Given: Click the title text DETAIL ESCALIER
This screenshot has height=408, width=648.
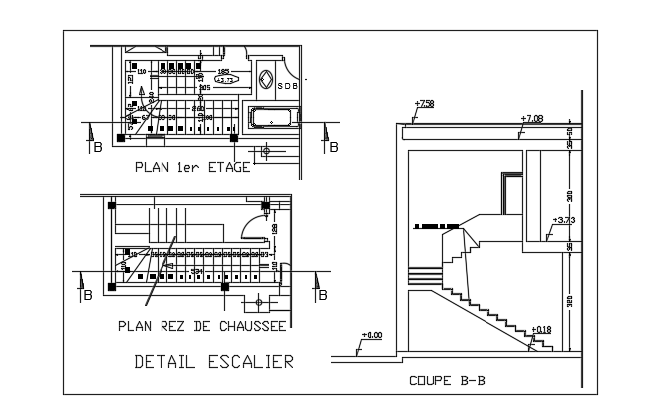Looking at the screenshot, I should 213,362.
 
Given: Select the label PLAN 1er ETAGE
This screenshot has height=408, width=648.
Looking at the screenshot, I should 191,168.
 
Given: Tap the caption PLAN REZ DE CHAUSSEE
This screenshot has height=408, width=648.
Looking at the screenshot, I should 202,326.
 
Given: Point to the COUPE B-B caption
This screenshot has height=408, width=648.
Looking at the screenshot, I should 447,380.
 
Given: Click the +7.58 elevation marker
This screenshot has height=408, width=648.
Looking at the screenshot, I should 424,104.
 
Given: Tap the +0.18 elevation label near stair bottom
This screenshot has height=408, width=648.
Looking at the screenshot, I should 541,329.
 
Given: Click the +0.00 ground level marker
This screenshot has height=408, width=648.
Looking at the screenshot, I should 372,335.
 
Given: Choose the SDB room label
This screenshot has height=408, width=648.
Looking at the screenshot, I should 287,86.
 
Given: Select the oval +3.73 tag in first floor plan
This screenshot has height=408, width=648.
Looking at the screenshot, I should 226,79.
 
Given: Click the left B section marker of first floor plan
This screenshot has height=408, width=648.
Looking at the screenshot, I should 97,148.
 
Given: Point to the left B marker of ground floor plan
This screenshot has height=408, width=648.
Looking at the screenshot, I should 87,295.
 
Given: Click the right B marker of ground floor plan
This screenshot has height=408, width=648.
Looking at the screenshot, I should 321,295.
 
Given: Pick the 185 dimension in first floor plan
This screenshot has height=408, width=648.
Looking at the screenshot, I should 222,71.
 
